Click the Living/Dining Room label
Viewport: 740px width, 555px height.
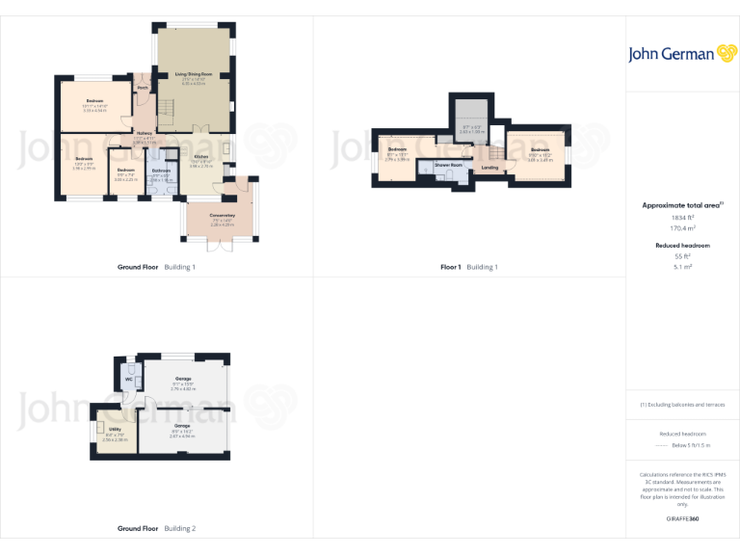pos(194,73)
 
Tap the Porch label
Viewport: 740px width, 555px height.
pos(143,87)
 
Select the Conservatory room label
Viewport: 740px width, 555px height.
pos(223,215)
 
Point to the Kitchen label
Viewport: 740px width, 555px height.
pos(200,156)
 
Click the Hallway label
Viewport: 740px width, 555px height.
pos(144,133)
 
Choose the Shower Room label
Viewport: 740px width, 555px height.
pos(449,165)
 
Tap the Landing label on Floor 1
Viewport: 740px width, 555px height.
pos(489,168)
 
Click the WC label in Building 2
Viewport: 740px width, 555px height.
pos(128,379)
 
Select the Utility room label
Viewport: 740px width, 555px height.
pos(114,429)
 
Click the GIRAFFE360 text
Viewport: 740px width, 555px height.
pos(682,519)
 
